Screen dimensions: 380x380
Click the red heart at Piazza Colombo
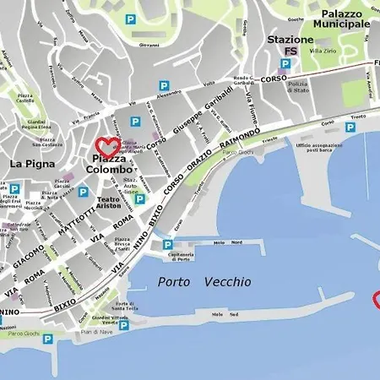(x=107, y=147)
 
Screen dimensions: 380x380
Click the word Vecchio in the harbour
(x=227, y=283)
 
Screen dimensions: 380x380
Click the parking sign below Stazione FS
(x=285, y=64)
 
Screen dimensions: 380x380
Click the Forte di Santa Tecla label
(x=125, y=306)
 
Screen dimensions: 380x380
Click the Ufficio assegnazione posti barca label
(x=320, y=148)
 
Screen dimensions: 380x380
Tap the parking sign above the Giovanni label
(x=130, y=19)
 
